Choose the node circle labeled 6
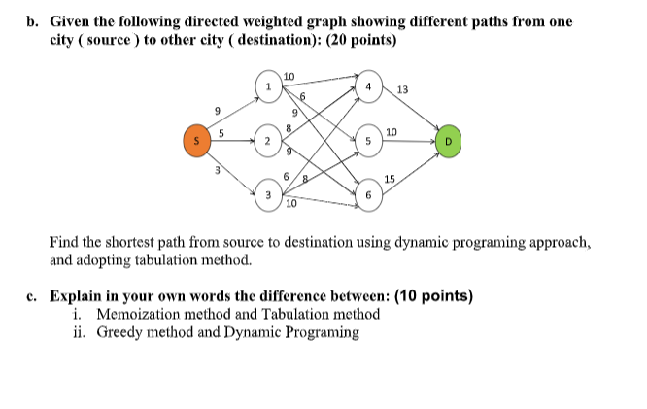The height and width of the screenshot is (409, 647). pyautogui.click(x=368, y=194)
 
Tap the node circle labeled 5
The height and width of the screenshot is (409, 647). pyautogui.click(x=368, y=141)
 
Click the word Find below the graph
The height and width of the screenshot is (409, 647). pyautogui.click(x=65, y=242)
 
